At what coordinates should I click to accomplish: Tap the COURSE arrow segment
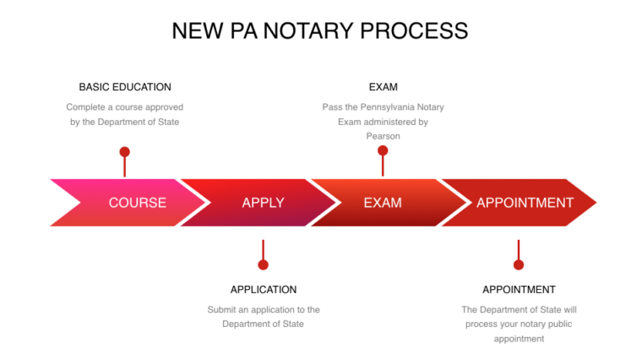pyautogui.click(x=137, y=203)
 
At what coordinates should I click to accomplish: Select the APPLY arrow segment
pyautogui.click(x=263, y=203)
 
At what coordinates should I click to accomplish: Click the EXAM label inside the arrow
pyautogui.click(x=383, y=203)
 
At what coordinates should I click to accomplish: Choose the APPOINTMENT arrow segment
pyautogui.click(x=525, y=203)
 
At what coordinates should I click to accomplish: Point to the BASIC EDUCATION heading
pyautogui.click(x=125, y=87)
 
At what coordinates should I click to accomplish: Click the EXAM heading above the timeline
pyautogui.click(x=383, y=87)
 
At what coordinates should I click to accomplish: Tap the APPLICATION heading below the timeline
pyautogui.click(x=264, y=290)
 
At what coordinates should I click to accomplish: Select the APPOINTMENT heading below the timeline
pyautogui.click(x=519, y=290)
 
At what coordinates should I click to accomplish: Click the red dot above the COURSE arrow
pyautogui.click(x=125, y=152)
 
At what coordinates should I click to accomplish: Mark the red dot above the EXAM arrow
pyautogui.click(x=383, y=150)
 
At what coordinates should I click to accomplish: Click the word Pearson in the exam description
pyautogui.click(x=383, y=136)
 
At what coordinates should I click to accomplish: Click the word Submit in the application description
pyautogui.click(x=223, y=310)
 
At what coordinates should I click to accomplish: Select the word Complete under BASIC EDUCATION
pyautogui.click(x=86, y=107)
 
